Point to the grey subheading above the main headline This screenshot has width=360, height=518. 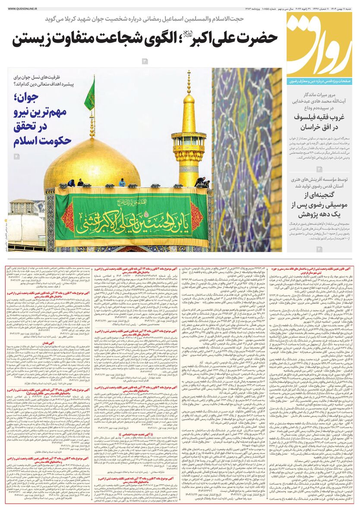(x=145, y=19)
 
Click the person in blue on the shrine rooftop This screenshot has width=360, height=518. (x=122, y=183)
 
